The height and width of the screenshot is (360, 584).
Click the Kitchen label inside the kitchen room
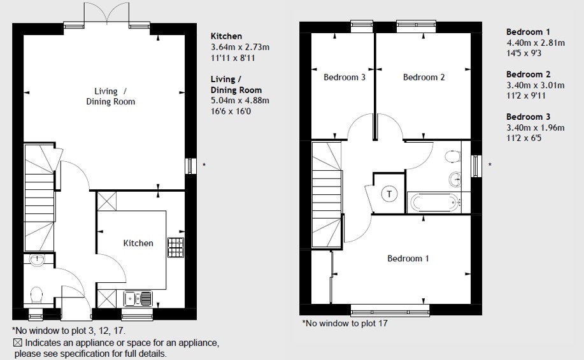pyautogui.click(x=138, y=243)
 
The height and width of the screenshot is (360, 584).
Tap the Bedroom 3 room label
pyautogui.click(x=344, y=77)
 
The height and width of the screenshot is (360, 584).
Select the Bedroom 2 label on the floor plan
pyautogui.click(x=424, y=77)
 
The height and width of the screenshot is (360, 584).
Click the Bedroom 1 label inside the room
pyautogui.click(x=408, y=258)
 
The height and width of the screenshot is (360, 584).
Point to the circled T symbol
pyautogui.click(x=388, y=194)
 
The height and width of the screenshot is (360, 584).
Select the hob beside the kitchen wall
pyautogui.click(x=175, y=247)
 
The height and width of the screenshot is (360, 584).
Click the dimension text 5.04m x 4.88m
pyautogui.click(x=240, y=100)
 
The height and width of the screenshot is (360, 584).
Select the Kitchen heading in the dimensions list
pyautogui.click(x=226, y=36)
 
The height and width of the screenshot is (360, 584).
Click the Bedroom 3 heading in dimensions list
pyautogui.click(x=528, y=117)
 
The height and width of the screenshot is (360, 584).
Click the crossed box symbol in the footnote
pyautogui.click(x=17, y=343)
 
